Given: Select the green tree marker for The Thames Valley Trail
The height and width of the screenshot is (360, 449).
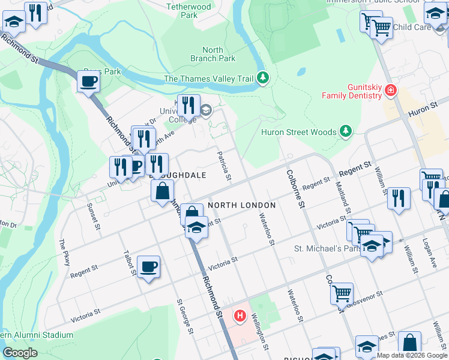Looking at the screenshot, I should tap(262, 77).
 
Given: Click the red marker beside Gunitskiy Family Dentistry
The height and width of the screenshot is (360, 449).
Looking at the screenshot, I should tap(391, 90).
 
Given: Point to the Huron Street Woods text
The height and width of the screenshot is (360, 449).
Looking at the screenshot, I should tap(299, 132).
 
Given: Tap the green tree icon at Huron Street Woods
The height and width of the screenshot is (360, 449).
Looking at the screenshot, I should tap(345, 131).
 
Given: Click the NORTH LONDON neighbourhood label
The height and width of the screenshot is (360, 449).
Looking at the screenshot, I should tap(241, 205).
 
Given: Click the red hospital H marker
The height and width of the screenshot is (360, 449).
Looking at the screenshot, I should tap(241, 314).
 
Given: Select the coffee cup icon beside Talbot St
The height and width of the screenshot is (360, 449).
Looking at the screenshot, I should tap(148, 266).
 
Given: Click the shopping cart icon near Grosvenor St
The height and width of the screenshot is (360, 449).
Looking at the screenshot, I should tap(342, 293).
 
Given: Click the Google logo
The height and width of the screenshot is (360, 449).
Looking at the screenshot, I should tap(20, 353).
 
